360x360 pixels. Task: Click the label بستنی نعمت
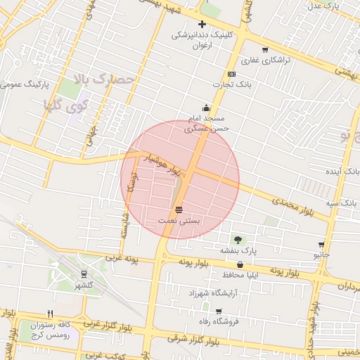click(x=179, y=220)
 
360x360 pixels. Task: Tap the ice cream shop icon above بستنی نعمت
click(x=179, y=210)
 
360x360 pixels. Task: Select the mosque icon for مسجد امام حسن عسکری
click(x=206, y=108)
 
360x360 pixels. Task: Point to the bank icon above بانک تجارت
click(x=231, y=75)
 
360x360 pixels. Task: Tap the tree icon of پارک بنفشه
click(x=237, y=240)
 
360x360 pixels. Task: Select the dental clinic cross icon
click(x=202, y=24)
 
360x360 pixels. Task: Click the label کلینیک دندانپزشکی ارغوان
click(x=202, y=39)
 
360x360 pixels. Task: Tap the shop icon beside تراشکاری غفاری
click(x=264, y=50)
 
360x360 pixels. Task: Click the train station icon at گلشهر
click(x=84, y=274)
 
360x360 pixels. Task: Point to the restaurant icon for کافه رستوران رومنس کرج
click(x=49, y=314)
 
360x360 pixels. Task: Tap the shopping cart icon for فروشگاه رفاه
click(x=219, y=311)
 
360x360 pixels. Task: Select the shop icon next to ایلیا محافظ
click(x=240, y=265)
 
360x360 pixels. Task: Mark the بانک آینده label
click(x=347, y=171)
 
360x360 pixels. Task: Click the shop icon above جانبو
click(x=321, y=244)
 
